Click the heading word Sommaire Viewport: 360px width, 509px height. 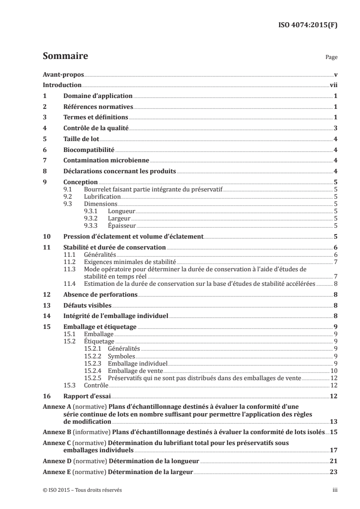coord(65,57)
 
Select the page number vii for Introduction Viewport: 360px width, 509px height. coord(333,85)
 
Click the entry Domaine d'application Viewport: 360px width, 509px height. coord(98,96)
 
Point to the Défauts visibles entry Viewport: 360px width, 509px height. coord(86,305)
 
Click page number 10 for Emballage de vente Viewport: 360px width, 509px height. coord(333,371)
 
